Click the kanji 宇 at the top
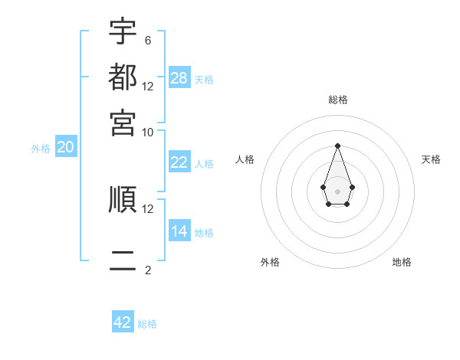click(x=123, y=31)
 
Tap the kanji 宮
click(x=123, y=122)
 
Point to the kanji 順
click(x=123, y=199)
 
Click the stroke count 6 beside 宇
click(x=148, y=40)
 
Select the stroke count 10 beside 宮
click(x=148, y=132)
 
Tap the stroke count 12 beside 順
click(x=148, y=208)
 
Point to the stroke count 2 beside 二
click(x=148, y=270)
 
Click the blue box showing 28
click(x=179, y=78)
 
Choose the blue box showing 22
click(x=179, y=162)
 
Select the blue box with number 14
click(x=179, y=231)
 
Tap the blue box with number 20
click(x=65, y=148)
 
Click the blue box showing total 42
click(x=123, y=322)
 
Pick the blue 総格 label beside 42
click(x=147, y=324)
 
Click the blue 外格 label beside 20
click(x=41, y=149)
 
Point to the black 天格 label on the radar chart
click(x=431, y=159)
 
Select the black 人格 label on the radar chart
click(x=245, y=159)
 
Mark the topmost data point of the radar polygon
click(x=337, y=145)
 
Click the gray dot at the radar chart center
click(x=337, y=191)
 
